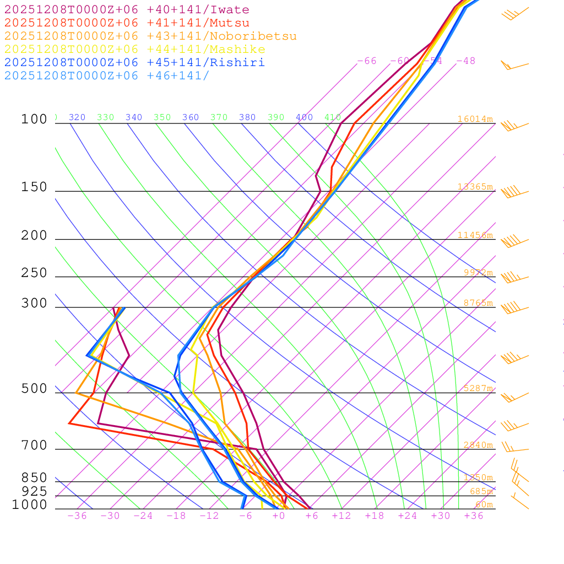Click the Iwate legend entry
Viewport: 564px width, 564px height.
pyautogui.click(x=127, y=10)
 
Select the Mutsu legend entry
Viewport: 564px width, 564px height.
pyautogui.click(x=127, y=23)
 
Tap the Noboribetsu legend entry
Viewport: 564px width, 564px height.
pyautogui.click(x=150, y=36)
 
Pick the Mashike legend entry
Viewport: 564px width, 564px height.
pyautogui.click(x=134, y=50)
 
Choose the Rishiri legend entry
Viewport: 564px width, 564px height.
pyautogui.click(x=134, y=63)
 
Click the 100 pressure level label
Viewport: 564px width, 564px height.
pyautogui.click(x=34, y=120)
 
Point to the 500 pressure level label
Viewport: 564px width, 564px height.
pyautogui.click(x=34, y=389)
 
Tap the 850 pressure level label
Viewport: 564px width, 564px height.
pyautogui.click(x=34, y=478)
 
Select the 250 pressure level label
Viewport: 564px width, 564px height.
pyautogui.click(x=34, y=273)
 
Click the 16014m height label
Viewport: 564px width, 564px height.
pyautogui.click(x=475, y=119)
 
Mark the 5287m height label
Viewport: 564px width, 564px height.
pyautogui.click(x=478, y=388)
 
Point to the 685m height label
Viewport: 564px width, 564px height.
pyautogui.click(x=481, y=491)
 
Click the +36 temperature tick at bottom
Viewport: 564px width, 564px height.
pyautogui.click(x=474, y=516)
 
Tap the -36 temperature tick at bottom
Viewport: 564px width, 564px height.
pyautogui.click(x=77, y=516)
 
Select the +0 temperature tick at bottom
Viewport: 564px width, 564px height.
pyautogui.click(x=279, y=516)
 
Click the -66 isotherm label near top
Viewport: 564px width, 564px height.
pyautogui.click(x=367, y=61)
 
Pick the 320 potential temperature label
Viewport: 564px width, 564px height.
pyautogui.click(x=77, y=117)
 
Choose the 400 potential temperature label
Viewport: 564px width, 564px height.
pyautogui.click(x=304, y=117)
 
